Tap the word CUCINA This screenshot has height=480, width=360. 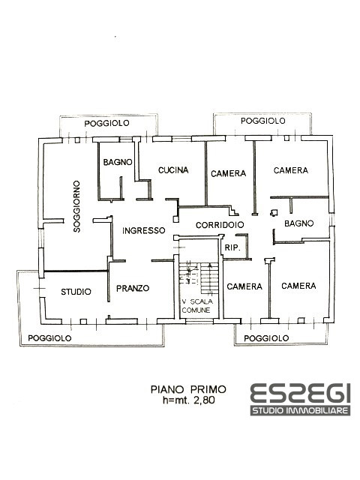click(x=172, y=170)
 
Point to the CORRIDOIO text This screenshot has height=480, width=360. click(x=220, y=224)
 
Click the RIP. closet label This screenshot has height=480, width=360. click(x=232, y=247)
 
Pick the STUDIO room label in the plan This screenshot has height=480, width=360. click(x=76, y=291)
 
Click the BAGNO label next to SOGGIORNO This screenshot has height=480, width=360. click(x=118, y=162)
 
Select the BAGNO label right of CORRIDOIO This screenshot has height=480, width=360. click(x=298, y=223)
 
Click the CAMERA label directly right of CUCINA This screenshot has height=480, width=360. click(x=228, y=173)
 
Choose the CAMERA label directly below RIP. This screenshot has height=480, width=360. click(x=244, y=286)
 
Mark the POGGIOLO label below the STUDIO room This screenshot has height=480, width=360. click(x=49, y=338)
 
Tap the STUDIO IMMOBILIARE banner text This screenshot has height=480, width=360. click(x=300, y=412)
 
